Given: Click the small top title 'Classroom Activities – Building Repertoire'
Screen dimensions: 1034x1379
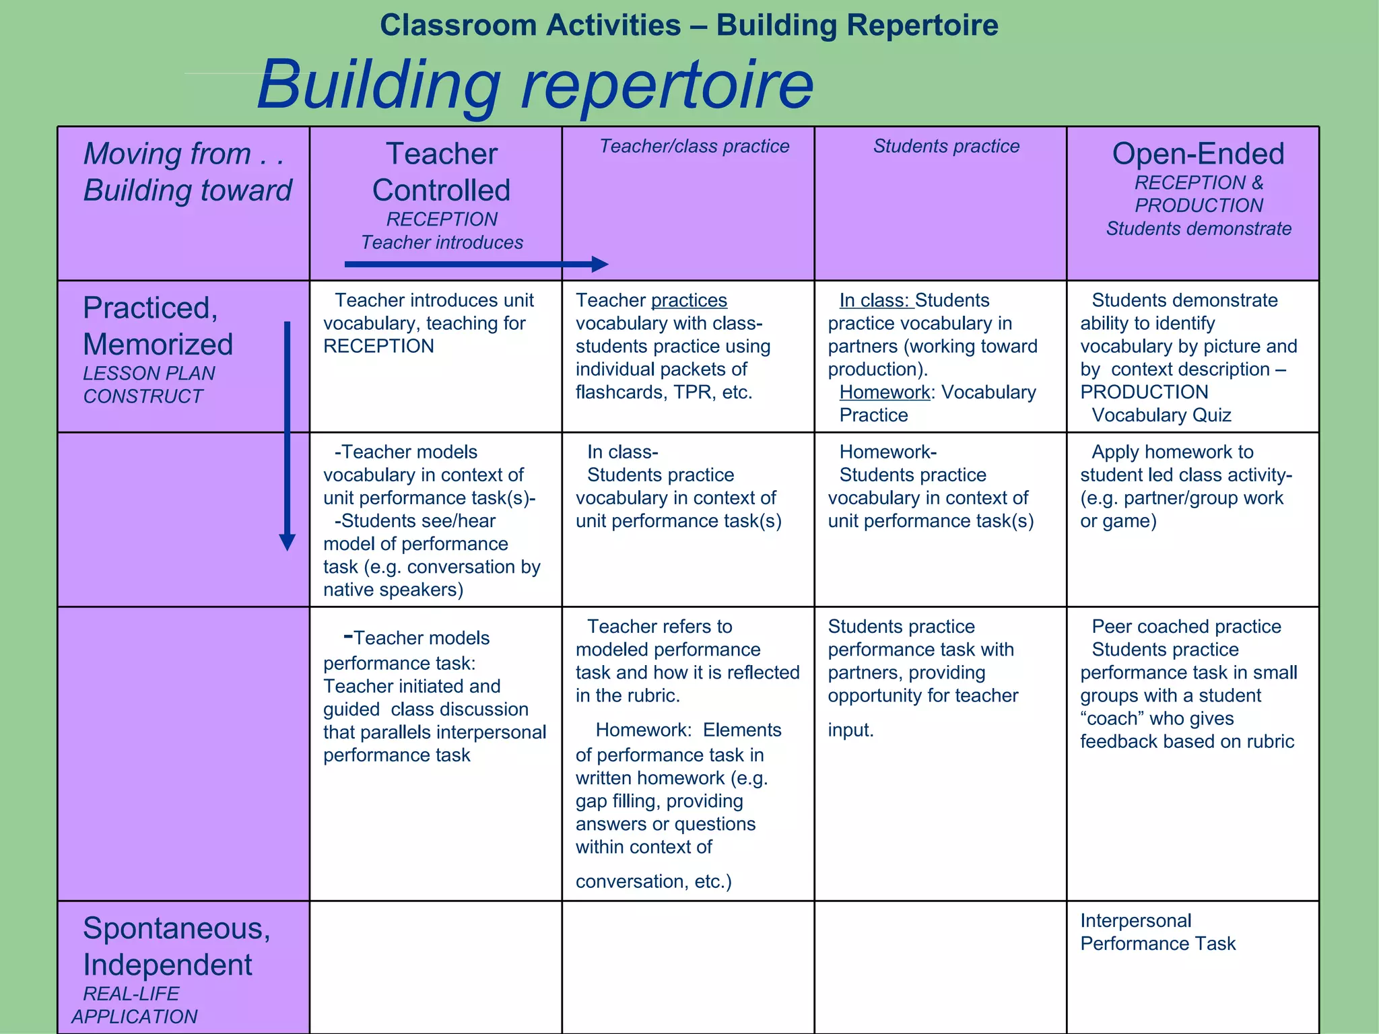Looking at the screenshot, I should (x=689, y=26).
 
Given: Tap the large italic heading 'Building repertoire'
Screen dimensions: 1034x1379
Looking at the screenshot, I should (x=535, y=85).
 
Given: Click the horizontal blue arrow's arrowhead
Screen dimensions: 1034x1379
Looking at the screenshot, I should (x=599, y=264).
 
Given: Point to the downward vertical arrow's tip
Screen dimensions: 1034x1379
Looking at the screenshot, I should (x=288, y=544).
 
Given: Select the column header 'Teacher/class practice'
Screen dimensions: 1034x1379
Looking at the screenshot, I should (x=694, y=146).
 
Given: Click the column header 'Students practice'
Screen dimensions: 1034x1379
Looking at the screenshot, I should (x=946, y=146).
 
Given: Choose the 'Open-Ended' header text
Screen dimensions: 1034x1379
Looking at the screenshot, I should (x=1198, y=154).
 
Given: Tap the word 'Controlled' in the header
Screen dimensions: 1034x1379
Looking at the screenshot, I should (x=441, y=191).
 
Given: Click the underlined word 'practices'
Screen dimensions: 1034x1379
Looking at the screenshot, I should (x=689, y=300).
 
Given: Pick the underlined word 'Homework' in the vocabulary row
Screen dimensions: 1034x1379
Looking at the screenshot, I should (x=884, y=392).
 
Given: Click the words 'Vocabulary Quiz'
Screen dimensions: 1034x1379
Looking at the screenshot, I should (x=1161, y=415).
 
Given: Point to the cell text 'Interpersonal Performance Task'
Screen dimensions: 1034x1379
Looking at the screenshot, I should (x=1157, y=932).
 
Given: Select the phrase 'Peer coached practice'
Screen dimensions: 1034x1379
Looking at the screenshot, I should (x=1186, y=626).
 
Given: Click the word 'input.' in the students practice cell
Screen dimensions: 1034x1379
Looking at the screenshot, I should (x=850, y=730).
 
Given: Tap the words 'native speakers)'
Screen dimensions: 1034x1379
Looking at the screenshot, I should (x=393, y=590).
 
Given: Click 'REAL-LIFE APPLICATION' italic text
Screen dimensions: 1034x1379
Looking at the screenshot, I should (x=134, y=1005).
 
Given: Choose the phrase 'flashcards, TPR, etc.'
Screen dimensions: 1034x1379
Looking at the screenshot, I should (x=663, y=392).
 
